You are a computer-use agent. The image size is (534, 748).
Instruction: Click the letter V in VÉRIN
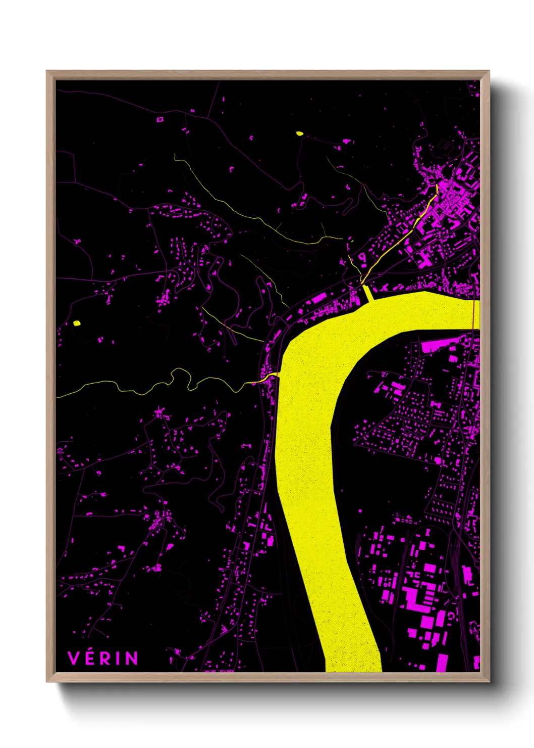[x=74, y=658]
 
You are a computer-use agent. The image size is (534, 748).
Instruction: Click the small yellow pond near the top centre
[x=299, y=134]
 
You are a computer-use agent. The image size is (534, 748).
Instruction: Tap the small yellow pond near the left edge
[x=77, y=323]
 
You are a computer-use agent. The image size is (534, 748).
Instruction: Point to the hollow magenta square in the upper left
[x=161, y=119]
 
